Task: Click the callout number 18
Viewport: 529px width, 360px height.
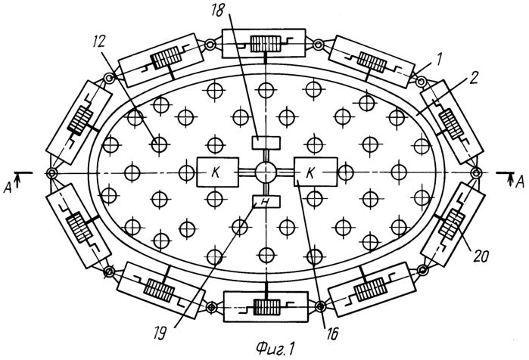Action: [218, 10]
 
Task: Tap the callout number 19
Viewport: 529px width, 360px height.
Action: [160, 334]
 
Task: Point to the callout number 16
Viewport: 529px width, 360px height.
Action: [331, 334]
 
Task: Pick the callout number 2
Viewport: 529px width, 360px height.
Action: [474, 78]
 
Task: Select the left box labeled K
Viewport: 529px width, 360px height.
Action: [217, 172]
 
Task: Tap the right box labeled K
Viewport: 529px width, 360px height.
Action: [316, 172]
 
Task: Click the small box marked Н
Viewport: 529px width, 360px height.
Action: [266, 202]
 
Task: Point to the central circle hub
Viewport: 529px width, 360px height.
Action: [266, 172]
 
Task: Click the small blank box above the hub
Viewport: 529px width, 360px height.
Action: [266, 143]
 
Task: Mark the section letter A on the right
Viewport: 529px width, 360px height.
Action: [521, 182]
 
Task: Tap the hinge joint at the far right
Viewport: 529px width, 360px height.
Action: [476, 173]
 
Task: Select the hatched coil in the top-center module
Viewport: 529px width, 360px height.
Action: [266, 44]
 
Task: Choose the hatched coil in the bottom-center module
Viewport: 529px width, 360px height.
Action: [267, 307]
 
